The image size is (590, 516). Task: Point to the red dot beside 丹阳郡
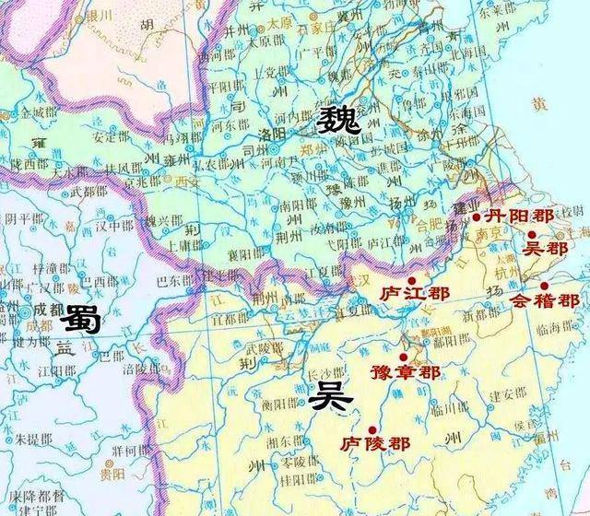pos(476,217)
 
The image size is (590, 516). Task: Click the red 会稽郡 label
pos(545,300)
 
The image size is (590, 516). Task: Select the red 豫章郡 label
pos(405,372)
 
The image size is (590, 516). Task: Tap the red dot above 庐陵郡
pos(372,428)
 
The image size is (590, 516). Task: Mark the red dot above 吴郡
pos(532,235)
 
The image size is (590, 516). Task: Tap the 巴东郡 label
pos(175,279)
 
